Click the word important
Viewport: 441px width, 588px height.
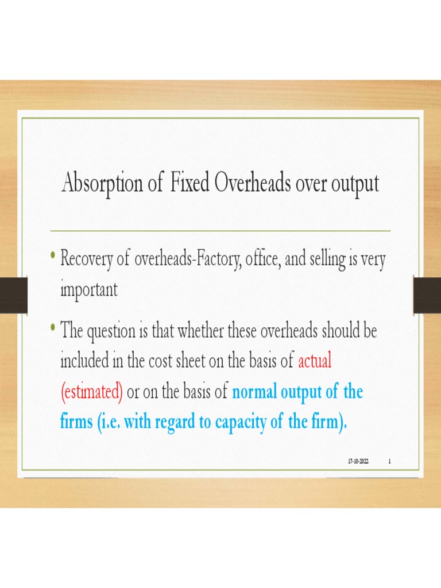pyautogui.click(x=89, y=290)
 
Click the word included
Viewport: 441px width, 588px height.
pyautogui.click(x=84, y=362)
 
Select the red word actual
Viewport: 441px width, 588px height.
pyautogui.click(x=315, y=362)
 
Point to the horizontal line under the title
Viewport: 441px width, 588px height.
pyautogui.click(x=220, y=230)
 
